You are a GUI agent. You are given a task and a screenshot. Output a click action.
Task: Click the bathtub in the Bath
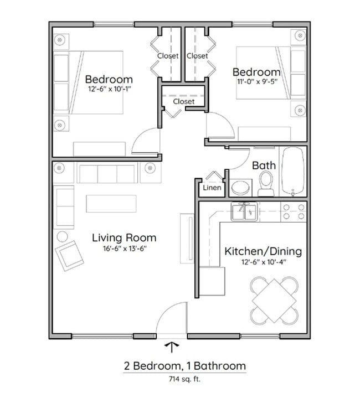pos(292,171)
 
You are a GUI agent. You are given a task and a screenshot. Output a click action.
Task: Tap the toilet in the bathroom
pos(266,184)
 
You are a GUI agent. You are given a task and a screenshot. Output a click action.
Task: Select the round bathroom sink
pos(240,187)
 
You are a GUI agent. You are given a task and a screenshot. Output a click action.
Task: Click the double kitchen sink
pos(244,212)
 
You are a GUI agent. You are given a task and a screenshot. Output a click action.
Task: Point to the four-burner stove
pos(294,212)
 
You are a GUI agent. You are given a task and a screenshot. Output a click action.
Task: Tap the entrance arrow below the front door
pos(172,347)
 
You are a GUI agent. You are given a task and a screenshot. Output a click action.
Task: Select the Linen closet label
pos(212,188)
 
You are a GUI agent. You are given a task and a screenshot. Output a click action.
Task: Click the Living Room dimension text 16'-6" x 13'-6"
pos(124,249)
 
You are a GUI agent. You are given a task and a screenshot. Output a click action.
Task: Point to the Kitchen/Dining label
pos(263,251)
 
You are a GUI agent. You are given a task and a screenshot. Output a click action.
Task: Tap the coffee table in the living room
pos(111,204)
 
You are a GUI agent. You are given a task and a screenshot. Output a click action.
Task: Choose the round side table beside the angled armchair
pos(62,236)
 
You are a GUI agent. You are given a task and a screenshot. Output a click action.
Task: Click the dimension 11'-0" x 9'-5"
pos(256,82)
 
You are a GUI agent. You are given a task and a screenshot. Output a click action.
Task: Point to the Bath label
pos(264,165)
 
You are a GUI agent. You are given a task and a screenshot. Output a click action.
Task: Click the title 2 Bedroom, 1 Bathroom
pos(184,366)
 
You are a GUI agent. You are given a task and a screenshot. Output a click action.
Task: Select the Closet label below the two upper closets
pos(183,101)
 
